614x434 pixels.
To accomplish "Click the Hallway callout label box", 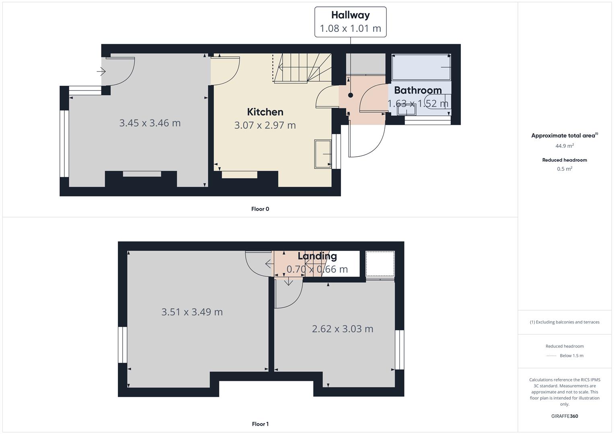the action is point(350,22).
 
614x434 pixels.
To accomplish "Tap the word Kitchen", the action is point(265,112).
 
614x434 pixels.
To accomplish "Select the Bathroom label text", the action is point(418,90).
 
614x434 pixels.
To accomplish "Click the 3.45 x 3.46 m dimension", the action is point(150,123).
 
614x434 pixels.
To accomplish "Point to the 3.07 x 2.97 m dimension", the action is point(265,125).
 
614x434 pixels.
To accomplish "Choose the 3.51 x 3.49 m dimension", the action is point(192,312).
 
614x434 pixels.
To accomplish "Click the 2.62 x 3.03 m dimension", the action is point(343,329).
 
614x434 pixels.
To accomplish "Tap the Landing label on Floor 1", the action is point(317,256).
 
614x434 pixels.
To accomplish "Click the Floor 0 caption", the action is point(260,209).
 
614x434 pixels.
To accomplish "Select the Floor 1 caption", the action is point(260,424).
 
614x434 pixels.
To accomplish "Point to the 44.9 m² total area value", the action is point(565,146).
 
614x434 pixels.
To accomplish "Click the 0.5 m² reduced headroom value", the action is point(565,169).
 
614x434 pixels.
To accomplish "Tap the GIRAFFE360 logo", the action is point(565,416).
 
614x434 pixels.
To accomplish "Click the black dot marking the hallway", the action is point(351,95).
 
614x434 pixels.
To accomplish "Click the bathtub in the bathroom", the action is point(421,67).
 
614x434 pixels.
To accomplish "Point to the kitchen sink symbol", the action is point(323,154).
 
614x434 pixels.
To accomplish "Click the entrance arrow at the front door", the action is point(101,72).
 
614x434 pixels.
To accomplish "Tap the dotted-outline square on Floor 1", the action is point(380,264).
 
